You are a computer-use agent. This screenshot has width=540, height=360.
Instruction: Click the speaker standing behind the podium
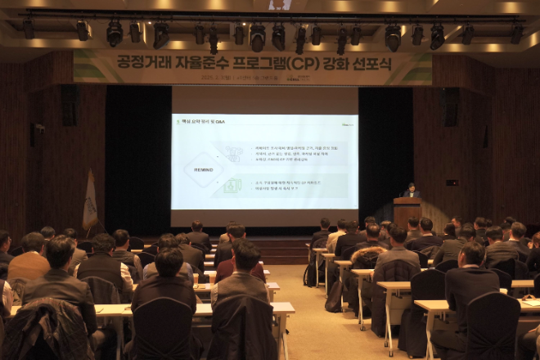pyautogui.click(x=412, y=190)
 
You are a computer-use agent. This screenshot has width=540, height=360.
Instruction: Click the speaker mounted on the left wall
pyautogui.click(x=70, y=106)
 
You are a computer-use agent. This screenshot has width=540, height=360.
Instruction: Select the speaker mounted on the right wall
pyautogui.click(x=449, y=106)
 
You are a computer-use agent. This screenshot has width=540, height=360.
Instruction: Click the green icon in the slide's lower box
pyautogui.click(x=233, y=187)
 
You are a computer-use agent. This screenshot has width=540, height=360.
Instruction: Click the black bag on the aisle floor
pyautogui.click(x=334, y=296)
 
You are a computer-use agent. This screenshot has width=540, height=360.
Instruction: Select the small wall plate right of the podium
pyautogui.click(x=452, y=182)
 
